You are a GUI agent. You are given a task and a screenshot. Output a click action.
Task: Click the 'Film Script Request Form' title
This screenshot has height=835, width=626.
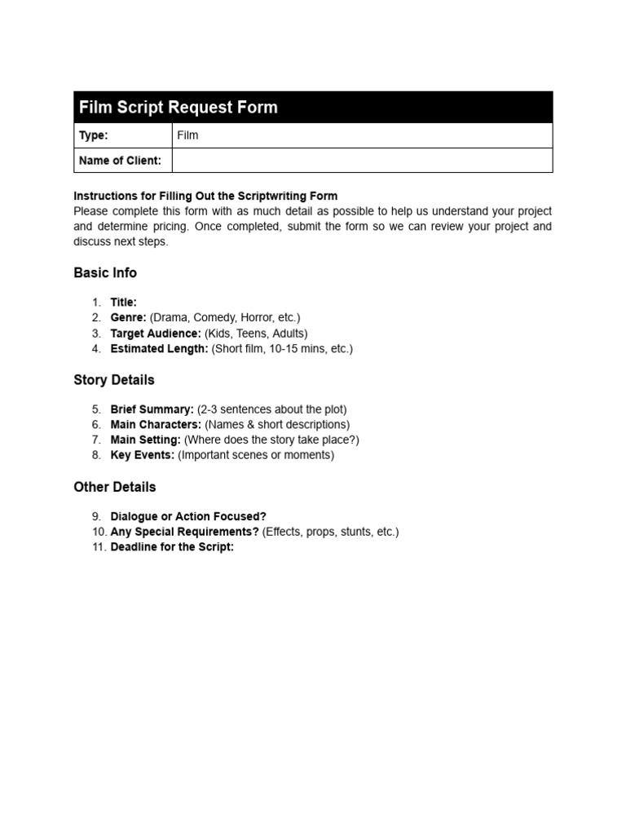[178, 108]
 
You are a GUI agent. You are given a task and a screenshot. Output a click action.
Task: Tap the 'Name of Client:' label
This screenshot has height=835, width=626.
[120, 161]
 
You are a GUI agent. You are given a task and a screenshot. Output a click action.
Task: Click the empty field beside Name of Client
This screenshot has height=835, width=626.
[362, 161]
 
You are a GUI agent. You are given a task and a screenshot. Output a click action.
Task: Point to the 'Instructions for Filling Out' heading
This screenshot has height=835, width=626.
[205, 196]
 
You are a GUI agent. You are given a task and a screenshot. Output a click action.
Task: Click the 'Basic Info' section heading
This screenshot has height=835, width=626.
[105, 272]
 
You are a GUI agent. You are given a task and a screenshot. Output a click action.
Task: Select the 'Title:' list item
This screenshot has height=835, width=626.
[124, 303]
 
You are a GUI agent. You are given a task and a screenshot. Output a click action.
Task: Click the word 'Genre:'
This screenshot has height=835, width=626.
[129, 318]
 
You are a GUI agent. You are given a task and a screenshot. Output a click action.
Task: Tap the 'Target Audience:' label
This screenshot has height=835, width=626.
[156, 334]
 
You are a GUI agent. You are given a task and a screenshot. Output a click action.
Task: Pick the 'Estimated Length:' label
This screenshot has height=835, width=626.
[160, 349]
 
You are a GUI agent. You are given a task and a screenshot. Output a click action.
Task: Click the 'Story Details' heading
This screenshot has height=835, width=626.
[114, 380]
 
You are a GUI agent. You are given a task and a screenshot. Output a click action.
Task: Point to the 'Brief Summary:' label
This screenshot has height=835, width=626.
[152, 409]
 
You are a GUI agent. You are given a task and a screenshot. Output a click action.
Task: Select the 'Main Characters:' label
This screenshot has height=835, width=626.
[156, 425]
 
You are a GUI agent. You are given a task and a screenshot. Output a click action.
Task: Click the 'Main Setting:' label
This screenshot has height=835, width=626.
[146, 440]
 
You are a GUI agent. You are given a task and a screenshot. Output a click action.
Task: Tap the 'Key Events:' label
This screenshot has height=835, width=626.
[143, 455]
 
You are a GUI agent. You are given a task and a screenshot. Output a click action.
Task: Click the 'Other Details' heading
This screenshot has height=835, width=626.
[115, 487]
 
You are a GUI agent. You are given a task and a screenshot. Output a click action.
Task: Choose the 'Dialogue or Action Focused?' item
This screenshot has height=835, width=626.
[188, 516]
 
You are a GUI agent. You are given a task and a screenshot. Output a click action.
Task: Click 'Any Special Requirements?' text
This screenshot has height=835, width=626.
[185, 532]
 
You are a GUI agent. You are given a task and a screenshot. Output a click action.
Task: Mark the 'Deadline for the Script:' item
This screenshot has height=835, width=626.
[172, 547]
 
